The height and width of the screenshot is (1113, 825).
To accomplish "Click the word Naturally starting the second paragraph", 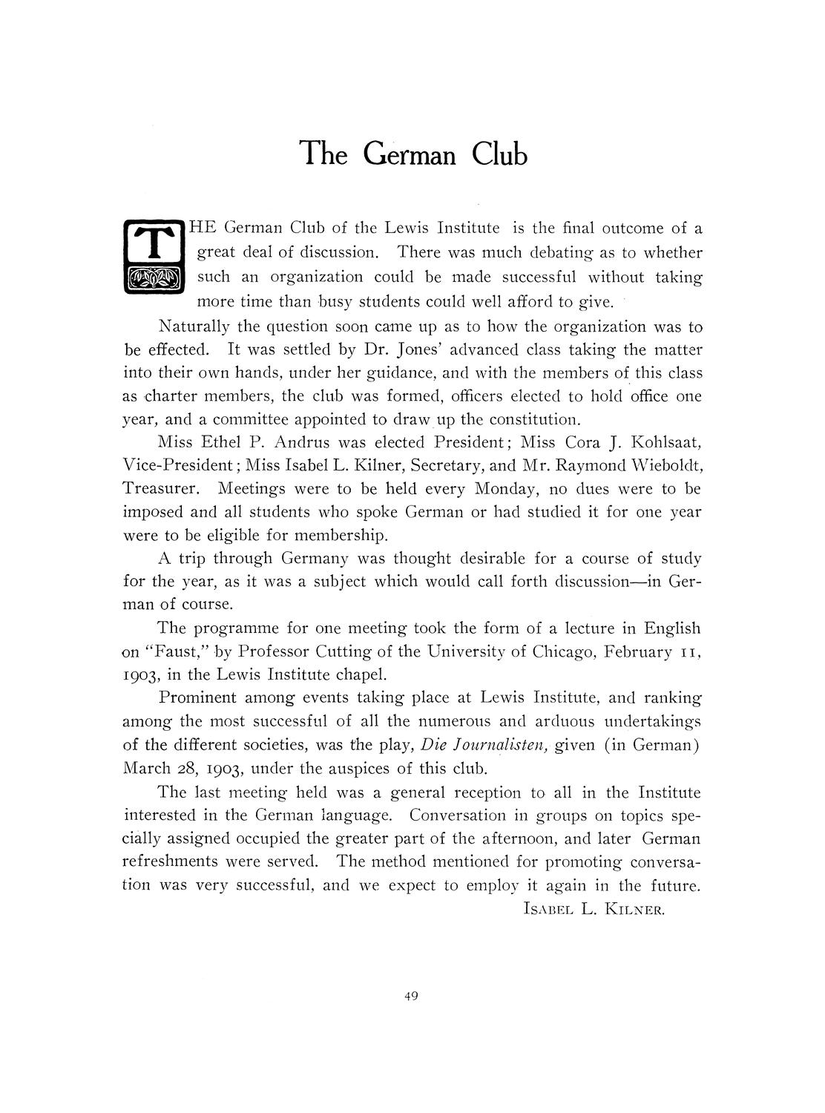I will (x=194, y=326).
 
